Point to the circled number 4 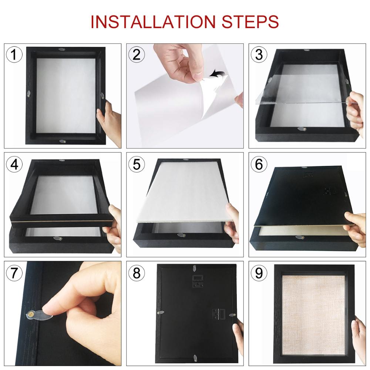coord(14,164)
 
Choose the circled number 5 coord(136,164)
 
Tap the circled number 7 coord(14,273)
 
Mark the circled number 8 coord(136,273)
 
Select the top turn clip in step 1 coord(61,49)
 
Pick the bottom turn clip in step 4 coord(57,239)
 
